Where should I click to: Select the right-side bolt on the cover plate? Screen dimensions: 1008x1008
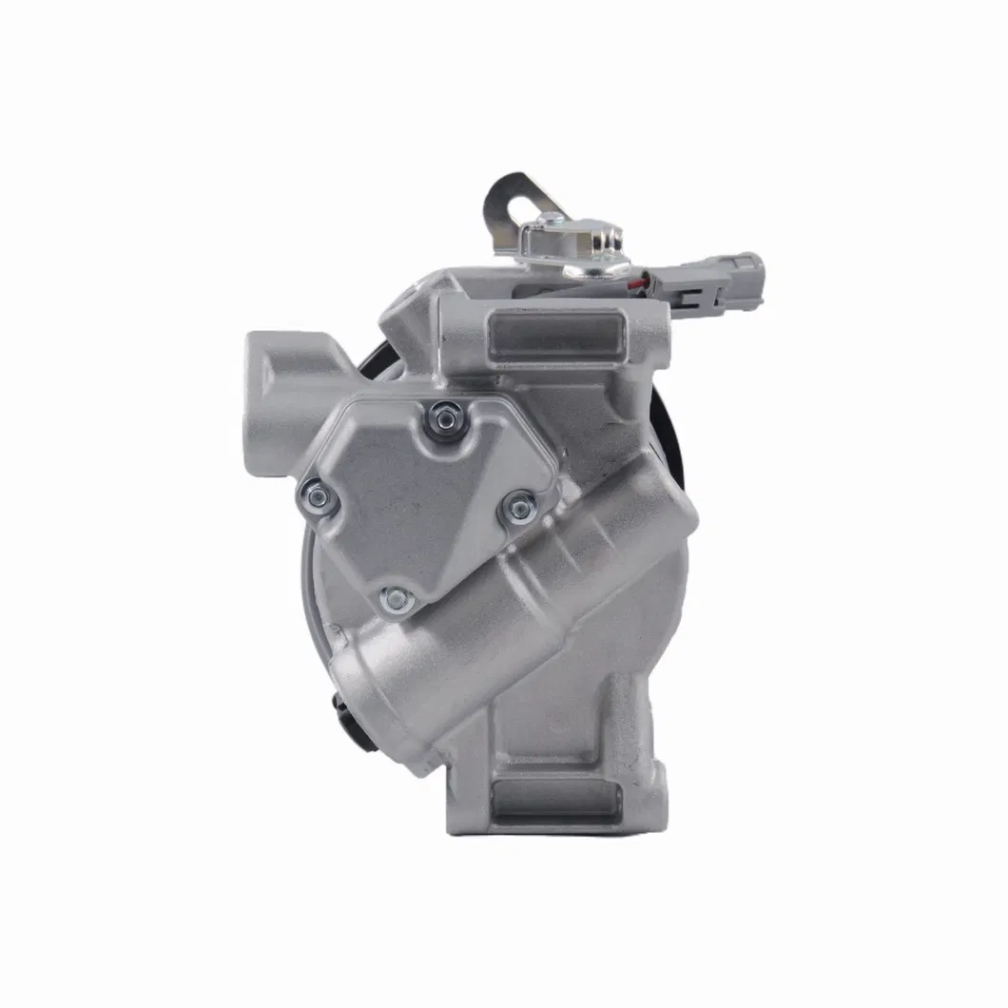(x=519, y=508)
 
